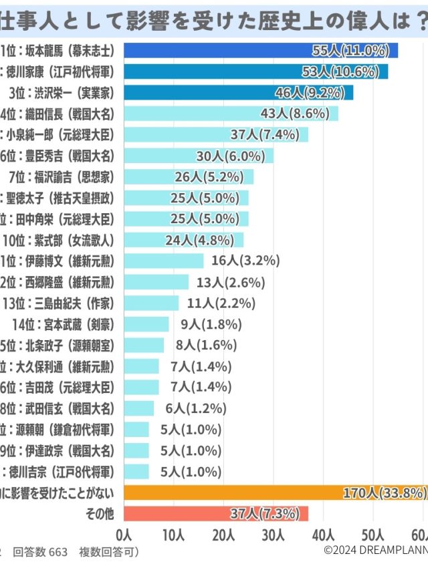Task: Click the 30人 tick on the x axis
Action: point(274,535)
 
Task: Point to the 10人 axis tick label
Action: point(173,535)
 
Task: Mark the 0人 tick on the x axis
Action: point(124,535)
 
